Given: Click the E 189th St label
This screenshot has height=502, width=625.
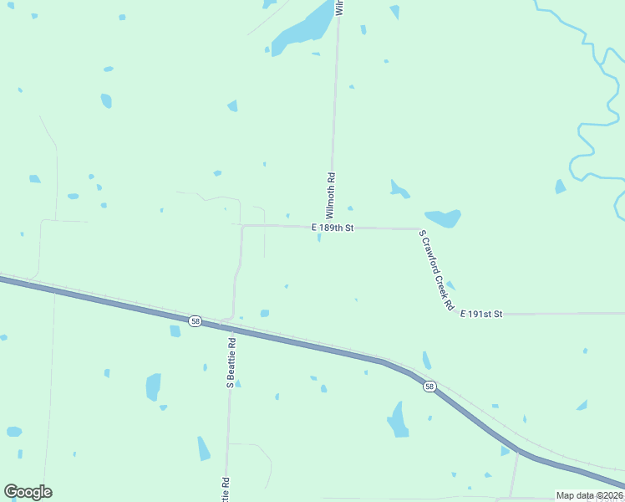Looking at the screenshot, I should (333, 228).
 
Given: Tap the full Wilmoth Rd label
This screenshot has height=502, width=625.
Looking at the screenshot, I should (331, 196).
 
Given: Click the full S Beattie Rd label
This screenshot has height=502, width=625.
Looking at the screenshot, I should (231, 361).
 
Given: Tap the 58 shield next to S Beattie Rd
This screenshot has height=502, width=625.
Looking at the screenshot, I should (195, 321).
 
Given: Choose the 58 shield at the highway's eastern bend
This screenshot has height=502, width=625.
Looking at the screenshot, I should (429, 386).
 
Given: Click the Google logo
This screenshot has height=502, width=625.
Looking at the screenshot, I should (28, 492).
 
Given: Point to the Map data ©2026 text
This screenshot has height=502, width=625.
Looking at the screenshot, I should (589, 495).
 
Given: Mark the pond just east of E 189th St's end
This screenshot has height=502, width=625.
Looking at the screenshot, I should (444, 218).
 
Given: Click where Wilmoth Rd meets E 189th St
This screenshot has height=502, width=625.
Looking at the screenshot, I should (332, 227).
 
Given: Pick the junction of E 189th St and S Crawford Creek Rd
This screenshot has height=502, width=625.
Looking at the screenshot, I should (418, 228).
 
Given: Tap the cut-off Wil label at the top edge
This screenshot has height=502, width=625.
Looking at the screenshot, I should (339, 8).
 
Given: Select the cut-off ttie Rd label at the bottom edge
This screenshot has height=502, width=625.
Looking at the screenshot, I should (226, 489).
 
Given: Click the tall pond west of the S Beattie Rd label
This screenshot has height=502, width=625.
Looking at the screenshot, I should (153, 387).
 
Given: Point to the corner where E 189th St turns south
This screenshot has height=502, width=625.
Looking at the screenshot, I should (243, 226).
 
